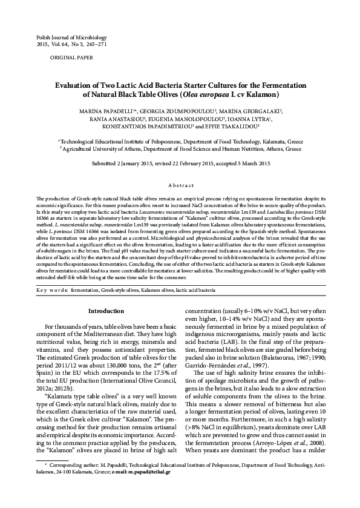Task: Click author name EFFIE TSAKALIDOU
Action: [x=236, y=128]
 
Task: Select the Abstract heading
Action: [x=180, y=185]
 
